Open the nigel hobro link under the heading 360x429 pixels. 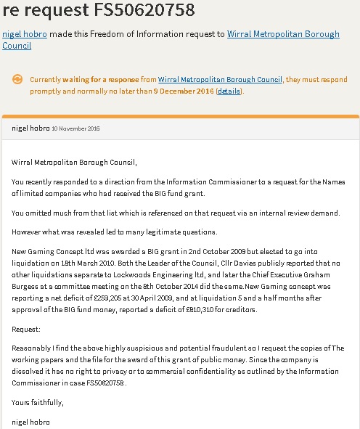(x=25, y=33)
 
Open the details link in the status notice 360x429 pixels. (x=229, y=91)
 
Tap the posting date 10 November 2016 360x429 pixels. (x=75, y=128)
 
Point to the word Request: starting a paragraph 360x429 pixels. (x=27, y=329)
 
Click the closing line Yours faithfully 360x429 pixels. (x=37, y=400)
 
